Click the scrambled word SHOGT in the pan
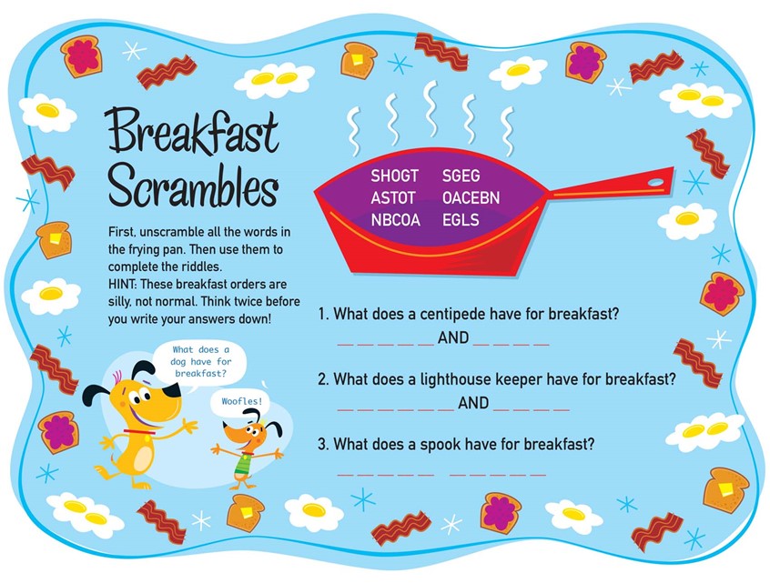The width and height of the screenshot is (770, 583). click(x=394, y=175)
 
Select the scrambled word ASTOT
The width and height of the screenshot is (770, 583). click(x=393, y=197)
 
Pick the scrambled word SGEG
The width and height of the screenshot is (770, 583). click(x=461, y=175)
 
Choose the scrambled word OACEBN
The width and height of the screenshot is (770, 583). click(x=471, y=197)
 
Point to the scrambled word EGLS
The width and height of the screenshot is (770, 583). click(x=461, y=220)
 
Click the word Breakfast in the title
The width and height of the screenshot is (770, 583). click(x=192, y=135)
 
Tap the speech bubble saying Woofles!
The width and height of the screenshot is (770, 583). click(x=241, y=400)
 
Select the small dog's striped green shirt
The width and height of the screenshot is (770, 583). click(x=240, y=464)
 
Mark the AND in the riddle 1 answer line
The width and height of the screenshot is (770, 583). click(x=453, y=338)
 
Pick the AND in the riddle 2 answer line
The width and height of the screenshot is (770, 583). click(x=473, y=403)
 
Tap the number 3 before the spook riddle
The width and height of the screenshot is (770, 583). click(x=322, y=445)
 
